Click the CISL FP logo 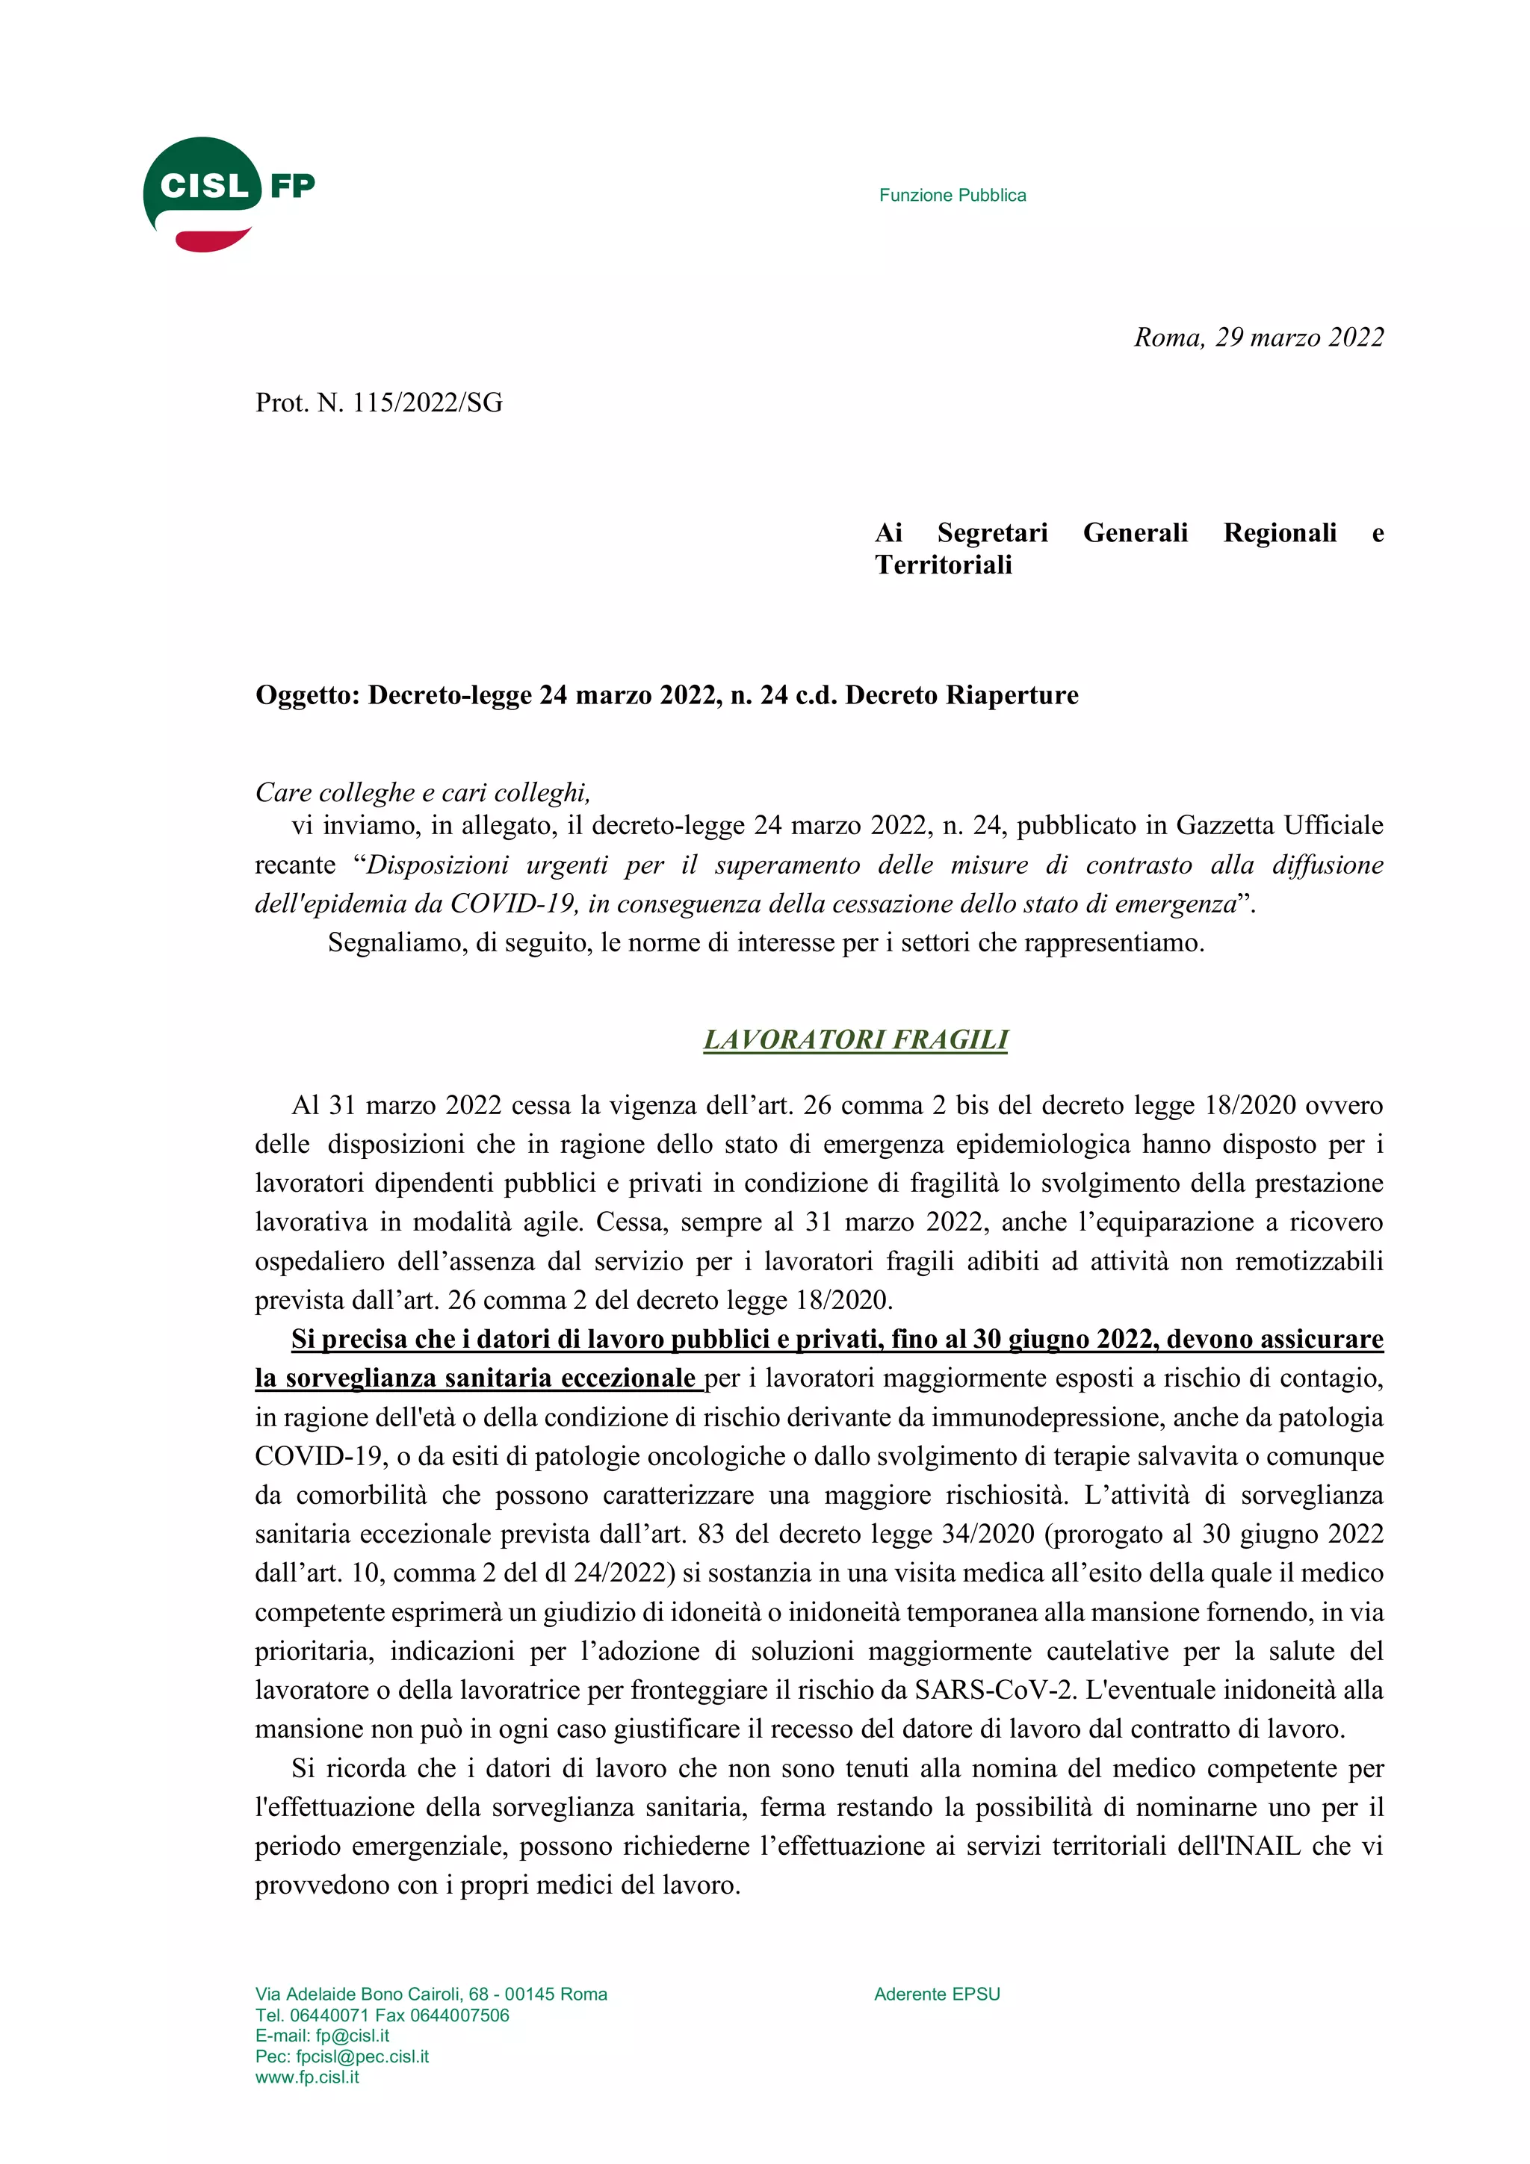pos(228,193)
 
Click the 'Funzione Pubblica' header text pos(952,195)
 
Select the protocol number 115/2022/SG pos(427,403)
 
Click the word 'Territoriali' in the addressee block pos(943,565)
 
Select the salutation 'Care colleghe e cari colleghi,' pos(422,793)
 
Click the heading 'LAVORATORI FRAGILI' pos(855,1039)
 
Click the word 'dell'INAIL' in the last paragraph pos(1239,1845)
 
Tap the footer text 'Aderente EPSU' pos(937,1994)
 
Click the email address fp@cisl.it pos(352,2035)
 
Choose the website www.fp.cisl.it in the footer pos(306,2077)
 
